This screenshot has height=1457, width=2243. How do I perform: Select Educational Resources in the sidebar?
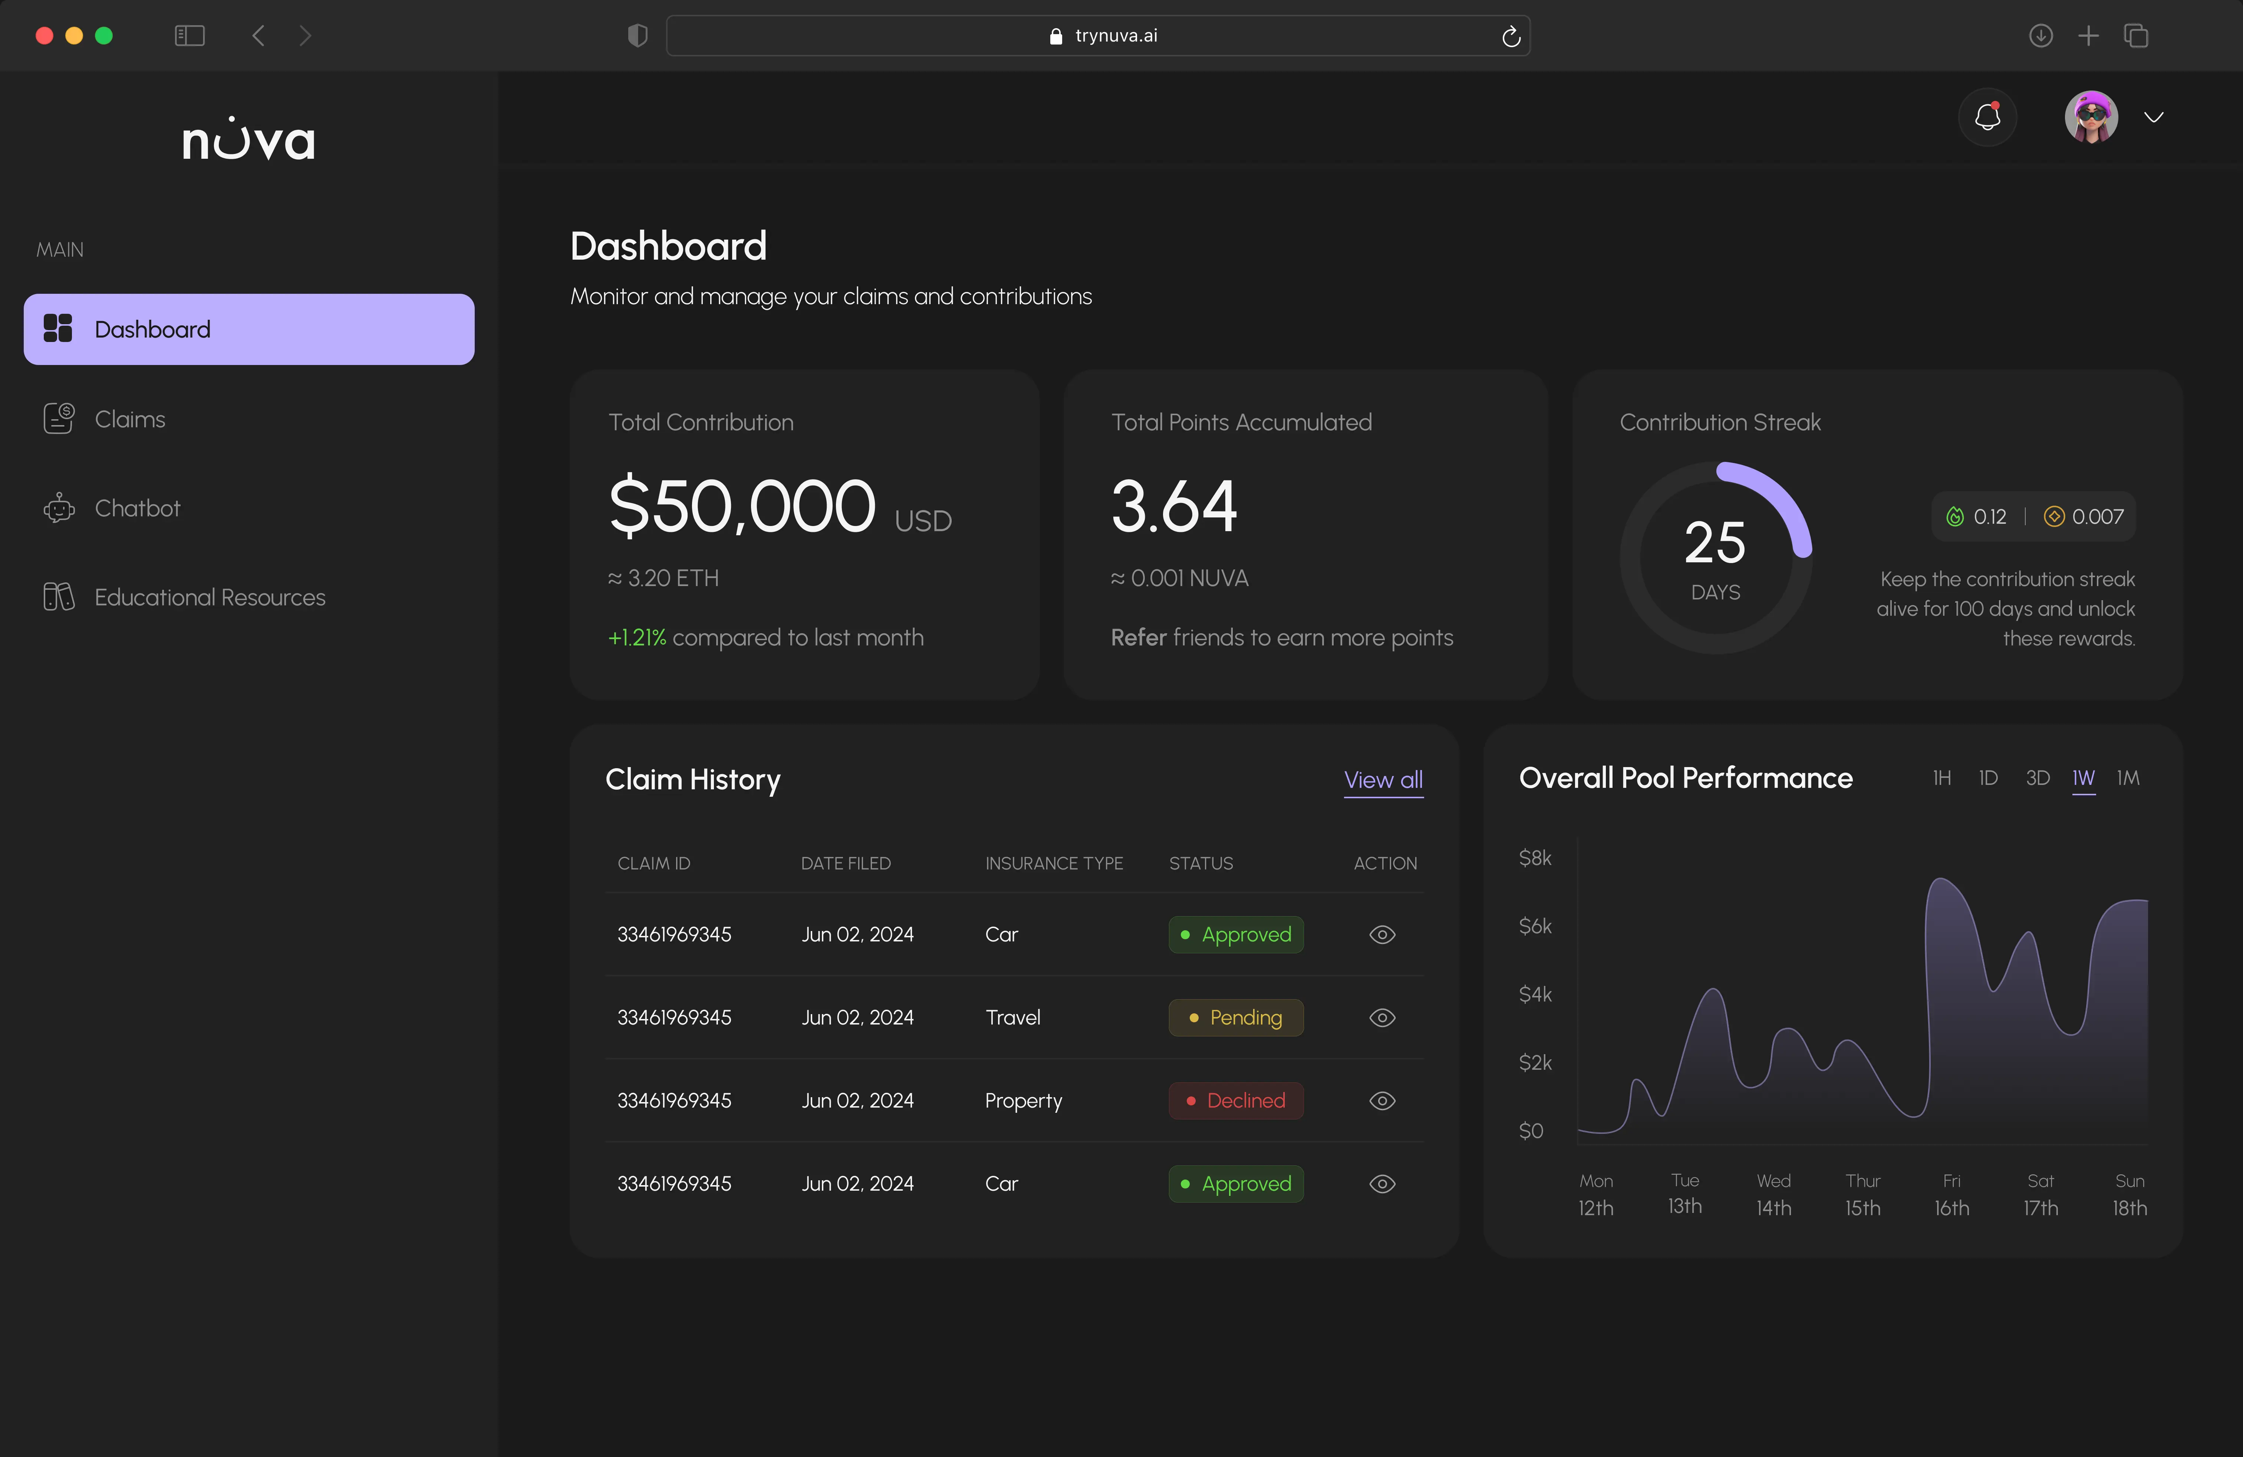tap(209, 598)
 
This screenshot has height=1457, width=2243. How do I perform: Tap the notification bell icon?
tap(1987, 117)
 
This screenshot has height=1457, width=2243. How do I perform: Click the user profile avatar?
tap(2091, 117)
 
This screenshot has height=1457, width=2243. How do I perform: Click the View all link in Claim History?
tap(1383, 780)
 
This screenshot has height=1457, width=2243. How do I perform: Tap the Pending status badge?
tap(1235, 1018)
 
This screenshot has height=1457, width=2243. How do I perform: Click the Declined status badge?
tap(1235, 1101)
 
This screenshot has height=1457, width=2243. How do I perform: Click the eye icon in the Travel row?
tap(1381, 1018)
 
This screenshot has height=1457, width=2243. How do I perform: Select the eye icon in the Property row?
tap(1381, 1101)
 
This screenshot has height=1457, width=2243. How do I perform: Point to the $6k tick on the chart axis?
tap(1535, 927)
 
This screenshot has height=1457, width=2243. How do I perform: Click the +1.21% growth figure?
tap(637, 638)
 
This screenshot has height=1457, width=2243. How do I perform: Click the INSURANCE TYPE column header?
tap(1054, 863)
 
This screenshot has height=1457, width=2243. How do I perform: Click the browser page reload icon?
tap(1511, 36)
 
